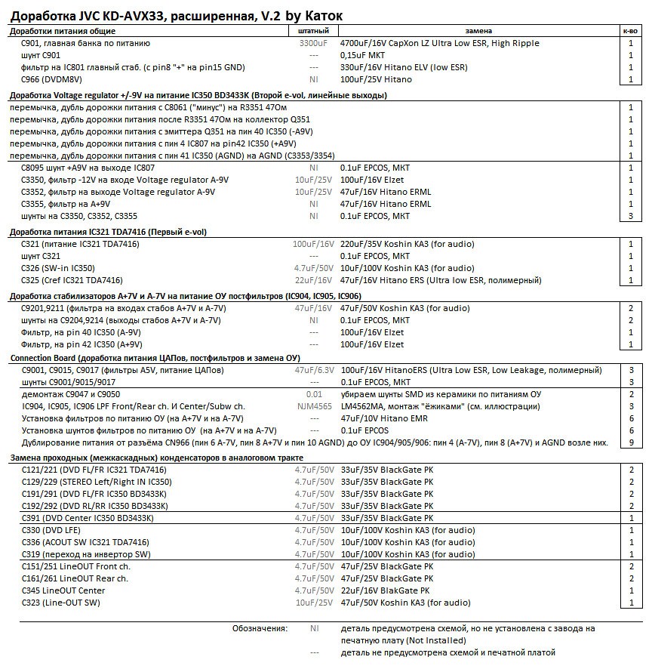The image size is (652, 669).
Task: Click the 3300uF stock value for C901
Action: [313, 43]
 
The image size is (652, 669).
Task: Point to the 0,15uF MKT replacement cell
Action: [368, 55]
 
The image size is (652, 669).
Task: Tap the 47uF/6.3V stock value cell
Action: [314, 370]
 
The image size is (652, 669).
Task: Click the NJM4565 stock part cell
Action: [314, 406]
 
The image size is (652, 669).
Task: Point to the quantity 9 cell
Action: [631, 442]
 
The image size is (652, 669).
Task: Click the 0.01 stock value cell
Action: [314, 394]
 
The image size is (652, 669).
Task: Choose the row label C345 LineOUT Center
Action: [63, 590]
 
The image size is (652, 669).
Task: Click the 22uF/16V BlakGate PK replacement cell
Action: [385, 590]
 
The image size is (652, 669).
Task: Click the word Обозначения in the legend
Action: [260, 628]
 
